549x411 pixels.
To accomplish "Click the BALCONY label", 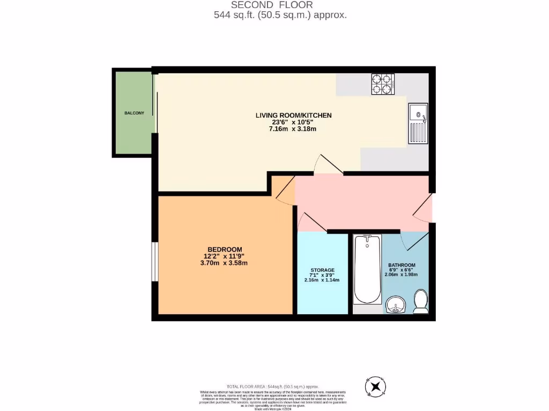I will (134, 113).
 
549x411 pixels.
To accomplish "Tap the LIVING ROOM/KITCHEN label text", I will (293, 115).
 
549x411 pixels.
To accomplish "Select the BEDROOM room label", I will (225, 249).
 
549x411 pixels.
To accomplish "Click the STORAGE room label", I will (322, 270).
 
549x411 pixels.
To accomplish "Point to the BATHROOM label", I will (402, 265).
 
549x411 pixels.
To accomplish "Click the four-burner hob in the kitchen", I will (383, 83).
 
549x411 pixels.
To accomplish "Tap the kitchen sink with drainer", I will (418, 123).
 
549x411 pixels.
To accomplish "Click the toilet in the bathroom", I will (421, 301).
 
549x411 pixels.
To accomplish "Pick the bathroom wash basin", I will (396, 305).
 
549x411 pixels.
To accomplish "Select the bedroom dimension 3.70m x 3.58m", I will (224, 263).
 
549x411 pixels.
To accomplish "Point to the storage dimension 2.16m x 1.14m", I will (322, 280).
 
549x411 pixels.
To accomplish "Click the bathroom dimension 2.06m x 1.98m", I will (401, 275).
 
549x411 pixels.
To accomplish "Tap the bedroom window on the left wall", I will (154, 261).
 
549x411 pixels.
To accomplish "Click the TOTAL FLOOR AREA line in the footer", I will (273, 386).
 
